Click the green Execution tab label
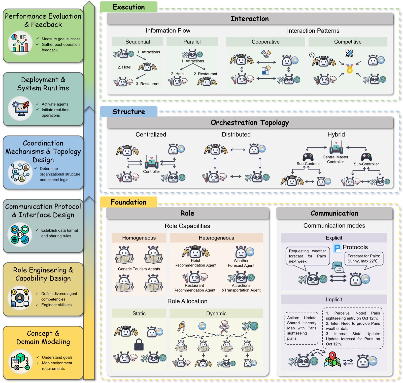(129, 7)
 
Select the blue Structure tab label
(129, 112)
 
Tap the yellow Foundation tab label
(129, 202)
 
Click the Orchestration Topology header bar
(250, 123)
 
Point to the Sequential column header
(138, 42)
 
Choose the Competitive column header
(348, 42)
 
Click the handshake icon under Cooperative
(266, 54)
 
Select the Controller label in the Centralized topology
(152, 171)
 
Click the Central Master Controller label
(335, 159)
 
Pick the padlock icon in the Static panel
(139, 344)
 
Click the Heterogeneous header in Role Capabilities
(216, 238)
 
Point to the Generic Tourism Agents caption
(139, 269)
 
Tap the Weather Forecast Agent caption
(241, 263)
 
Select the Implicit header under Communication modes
(334, 299)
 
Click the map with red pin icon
(332, 359)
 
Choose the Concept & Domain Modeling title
(43, 337)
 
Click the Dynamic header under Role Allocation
(216, 314)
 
